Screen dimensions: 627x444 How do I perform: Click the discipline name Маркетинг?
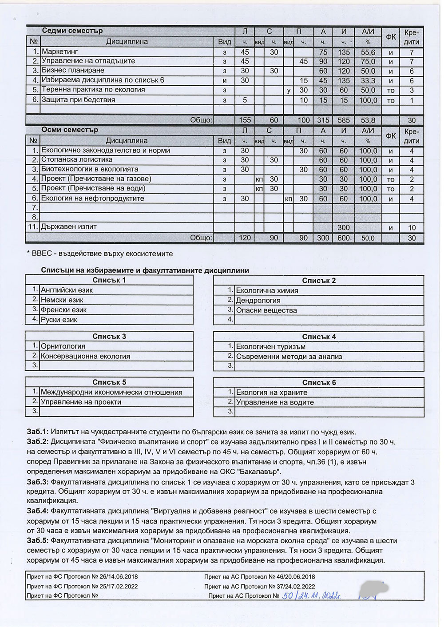[x=60, y=52]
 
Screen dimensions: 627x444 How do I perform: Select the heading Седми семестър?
[x=72, y=31]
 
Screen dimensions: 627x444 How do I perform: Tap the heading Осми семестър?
[x=70, y=130]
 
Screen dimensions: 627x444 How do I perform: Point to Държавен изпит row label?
[x=69, y=227]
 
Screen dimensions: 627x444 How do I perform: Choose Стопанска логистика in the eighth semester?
[x=77, y=160]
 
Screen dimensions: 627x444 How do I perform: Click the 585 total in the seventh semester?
[x=344, y=120]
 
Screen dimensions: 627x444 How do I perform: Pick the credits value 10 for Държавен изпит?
[x=412, y=228]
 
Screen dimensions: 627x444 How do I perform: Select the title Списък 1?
[x=109, y=280]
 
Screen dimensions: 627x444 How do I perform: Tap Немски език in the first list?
[x=62, y=300]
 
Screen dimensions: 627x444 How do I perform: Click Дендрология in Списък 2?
[x=258, y=301]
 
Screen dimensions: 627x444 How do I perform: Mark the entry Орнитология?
[x=63, y=346]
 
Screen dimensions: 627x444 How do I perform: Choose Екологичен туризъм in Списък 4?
[x=270, y=347]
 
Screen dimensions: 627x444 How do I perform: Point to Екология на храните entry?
[x=271, y=393]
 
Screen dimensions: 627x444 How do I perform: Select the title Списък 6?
[x=319, y=383]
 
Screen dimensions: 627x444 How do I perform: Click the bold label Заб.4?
[x=38, y=511]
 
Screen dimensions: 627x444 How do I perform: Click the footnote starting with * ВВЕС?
[x=100, y=254]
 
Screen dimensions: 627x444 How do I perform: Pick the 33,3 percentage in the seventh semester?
[x=368, y=80]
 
